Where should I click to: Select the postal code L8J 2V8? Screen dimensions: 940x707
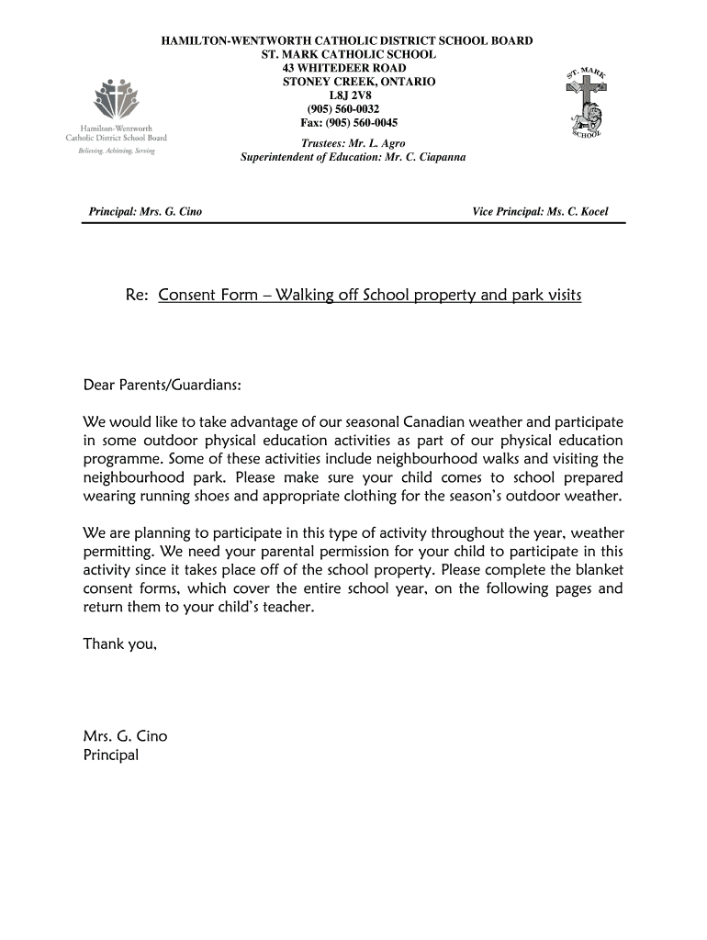[352, 95]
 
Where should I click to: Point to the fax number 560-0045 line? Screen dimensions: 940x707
[349, 122]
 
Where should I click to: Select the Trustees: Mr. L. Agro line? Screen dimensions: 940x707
[353, 143]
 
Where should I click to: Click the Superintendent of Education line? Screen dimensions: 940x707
[353, 157]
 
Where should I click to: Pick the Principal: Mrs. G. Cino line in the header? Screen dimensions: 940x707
[145, 212]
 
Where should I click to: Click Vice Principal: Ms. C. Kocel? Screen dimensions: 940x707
[540, 212]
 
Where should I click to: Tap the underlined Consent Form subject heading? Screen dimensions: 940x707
[370, 296]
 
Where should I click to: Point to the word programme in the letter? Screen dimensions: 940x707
[125, 459]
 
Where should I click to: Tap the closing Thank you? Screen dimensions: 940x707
[120, 643]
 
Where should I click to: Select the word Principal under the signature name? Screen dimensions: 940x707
[111, 755]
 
